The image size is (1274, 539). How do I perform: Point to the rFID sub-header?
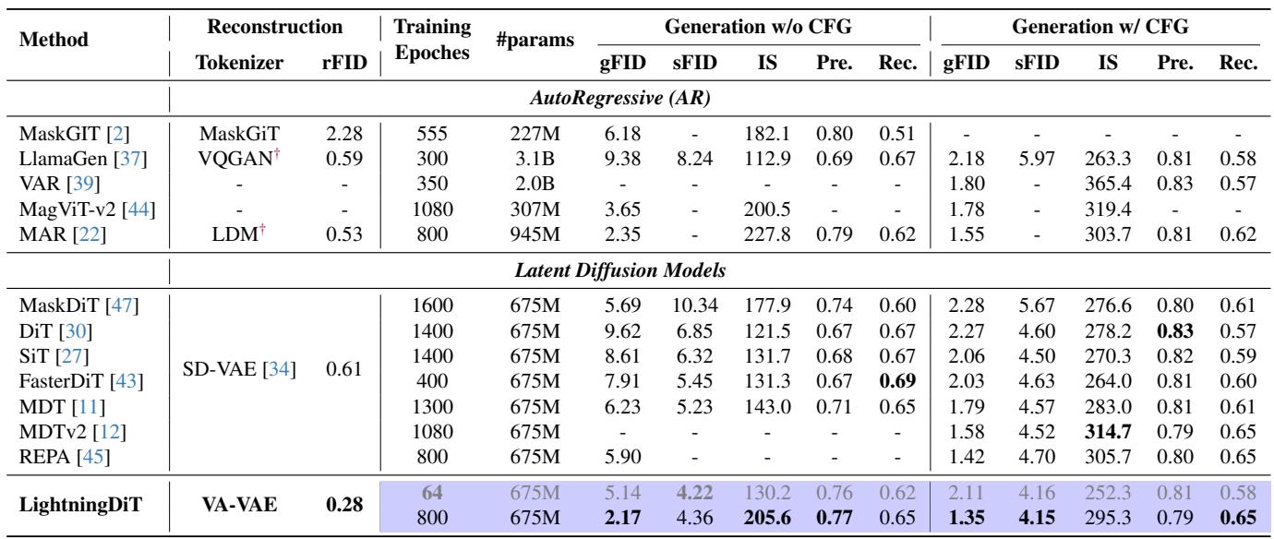tap(350, 64)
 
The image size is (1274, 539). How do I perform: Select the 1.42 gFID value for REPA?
tap(963, 452)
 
